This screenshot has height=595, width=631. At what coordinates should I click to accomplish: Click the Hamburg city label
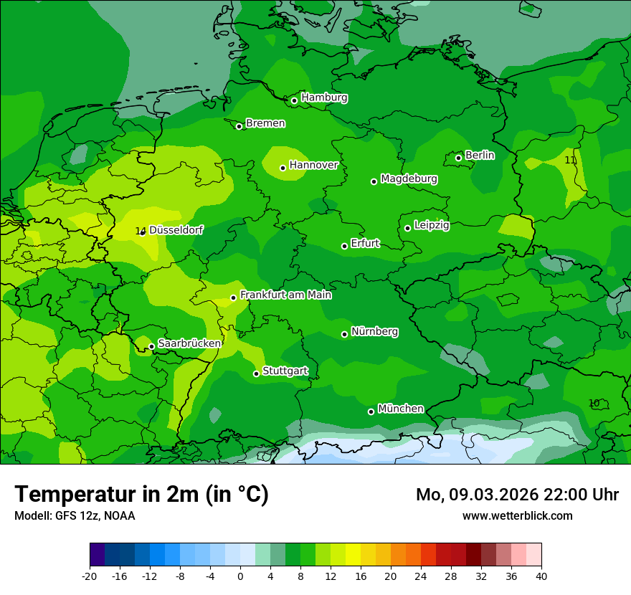[324, 97]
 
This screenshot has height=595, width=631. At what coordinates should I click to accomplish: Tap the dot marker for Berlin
[459, 158]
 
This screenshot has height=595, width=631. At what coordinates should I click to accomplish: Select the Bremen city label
[265, 123]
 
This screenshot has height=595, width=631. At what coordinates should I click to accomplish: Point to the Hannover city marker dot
[283, 168]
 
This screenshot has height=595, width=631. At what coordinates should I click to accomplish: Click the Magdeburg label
[409, 178]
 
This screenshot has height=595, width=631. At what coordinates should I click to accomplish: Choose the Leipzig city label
[432, 225]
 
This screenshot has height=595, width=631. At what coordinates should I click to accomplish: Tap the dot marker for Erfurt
[345, 246]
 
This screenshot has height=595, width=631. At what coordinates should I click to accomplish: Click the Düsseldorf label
[176, 230]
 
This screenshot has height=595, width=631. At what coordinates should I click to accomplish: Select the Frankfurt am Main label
[285, 295]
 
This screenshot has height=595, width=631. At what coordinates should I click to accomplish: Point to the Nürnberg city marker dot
[345, 334]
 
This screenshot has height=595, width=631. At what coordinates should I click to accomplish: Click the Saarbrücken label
[189, 343]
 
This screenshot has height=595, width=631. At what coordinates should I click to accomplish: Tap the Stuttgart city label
[285, 371]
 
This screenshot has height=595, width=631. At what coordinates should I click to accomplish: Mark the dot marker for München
[371, 411]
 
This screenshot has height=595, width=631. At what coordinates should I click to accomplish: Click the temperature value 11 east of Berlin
[570, 160]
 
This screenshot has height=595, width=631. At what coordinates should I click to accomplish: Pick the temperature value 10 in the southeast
[594, 403]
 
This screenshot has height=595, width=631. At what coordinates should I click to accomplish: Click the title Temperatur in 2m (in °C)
[142, 494]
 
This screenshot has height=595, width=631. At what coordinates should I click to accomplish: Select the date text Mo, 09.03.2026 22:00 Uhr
[517, 495]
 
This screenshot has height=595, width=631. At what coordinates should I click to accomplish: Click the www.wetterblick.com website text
[517, 515]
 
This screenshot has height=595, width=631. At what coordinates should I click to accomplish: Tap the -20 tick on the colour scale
[90, 576]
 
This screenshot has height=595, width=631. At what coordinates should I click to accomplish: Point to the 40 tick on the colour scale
[541, 576]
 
